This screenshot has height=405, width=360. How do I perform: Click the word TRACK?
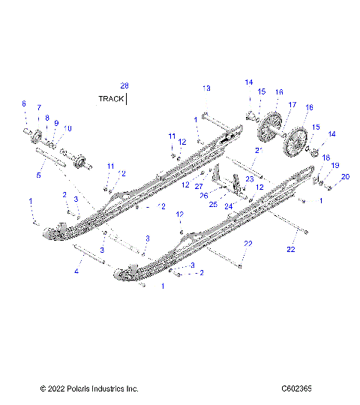point(111,98)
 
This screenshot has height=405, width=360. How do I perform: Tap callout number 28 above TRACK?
point(124,86)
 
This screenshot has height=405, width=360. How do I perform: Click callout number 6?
point(23,103)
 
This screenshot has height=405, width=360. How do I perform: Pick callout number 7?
point(39,108)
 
